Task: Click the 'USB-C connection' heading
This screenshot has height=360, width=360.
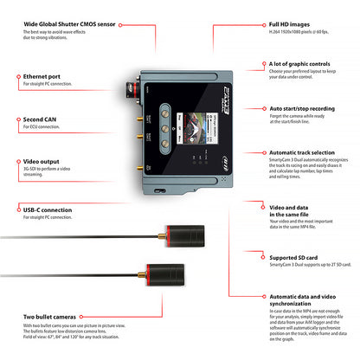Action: pos(47,209)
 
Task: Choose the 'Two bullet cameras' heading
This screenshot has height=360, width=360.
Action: pos(48,318)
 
